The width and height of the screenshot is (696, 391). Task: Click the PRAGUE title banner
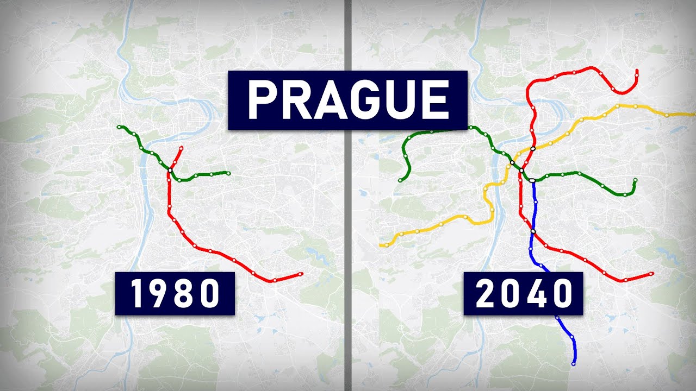(347, 100)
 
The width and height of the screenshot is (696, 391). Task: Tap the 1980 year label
(175, 294)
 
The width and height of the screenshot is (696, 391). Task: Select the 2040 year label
(523, 294)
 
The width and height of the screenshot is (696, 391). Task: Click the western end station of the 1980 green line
(119, 127)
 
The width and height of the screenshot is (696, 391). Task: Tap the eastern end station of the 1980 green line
(228, 173)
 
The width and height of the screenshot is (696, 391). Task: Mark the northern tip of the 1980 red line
(182, 147)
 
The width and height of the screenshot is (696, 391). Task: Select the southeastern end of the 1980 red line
(301, 274)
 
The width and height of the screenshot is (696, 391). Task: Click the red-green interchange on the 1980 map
(170, 171)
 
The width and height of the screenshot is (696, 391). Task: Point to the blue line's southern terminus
(574, 363)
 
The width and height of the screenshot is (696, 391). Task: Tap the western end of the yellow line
(381, 245)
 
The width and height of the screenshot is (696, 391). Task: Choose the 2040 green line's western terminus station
(400, 180)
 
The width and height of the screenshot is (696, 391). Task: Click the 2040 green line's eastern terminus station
(635, 180)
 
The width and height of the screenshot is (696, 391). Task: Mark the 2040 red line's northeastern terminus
(636, 71)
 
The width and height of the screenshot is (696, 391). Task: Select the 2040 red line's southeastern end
(651, 274)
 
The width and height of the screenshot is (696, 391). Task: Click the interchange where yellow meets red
(533, 148)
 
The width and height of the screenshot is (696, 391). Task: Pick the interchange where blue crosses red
(533, 232)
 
